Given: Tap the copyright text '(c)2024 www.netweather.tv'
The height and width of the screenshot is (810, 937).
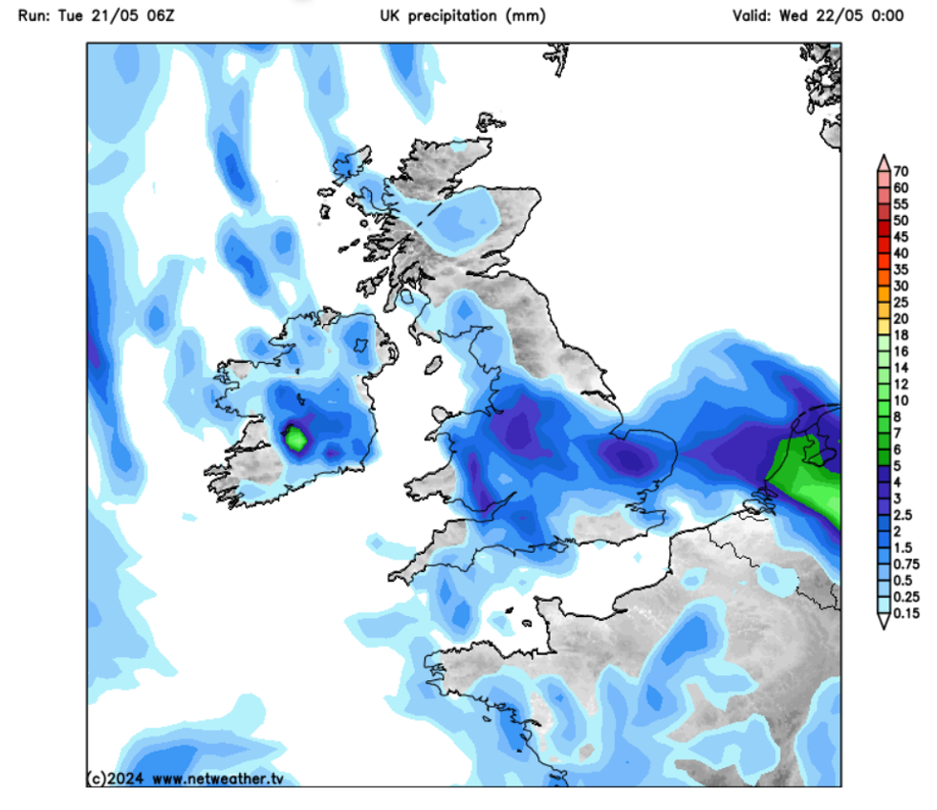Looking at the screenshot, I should click(x=185, y=778).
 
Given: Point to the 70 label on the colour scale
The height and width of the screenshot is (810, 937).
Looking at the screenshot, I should click(x=901, y=172).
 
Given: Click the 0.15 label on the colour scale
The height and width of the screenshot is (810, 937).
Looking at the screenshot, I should click(x=904, y=614).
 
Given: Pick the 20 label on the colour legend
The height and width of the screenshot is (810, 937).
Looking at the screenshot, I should click(x=901, y=319).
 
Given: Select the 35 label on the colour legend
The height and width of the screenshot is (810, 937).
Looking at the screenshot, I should click(x=901, y=270).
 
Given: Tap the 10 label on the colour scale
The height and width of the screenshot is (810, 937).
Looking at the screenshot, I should click(x=901, y=400).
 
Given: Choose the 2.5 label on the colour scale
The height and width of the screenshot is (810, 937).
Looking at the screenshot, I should click(x=904, y=515).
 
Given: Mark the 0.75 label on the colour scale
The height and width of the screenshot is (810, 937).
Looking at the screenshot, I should click(x=904, y=565).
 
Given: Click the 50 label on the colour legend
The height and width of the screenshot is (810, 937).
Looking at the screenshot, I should click(x=901, y=221).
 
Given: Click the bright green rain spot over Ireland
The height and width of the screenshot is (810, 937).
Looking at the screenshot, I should click(x=296, y=439).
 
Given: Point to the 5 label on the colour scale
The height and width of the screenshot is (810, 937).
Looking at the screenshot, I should click(x=897, y=466).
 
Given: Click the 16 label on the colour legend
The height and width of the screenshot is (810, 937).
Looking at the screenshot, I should click(x=901, y=352).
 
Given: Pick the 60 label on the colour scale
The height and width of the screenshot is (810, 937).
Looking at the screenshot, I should click(x=901, y=188).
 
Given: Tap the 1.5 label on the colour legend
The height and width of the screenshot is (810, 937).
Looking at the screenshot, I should click(x=904, y=548).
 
